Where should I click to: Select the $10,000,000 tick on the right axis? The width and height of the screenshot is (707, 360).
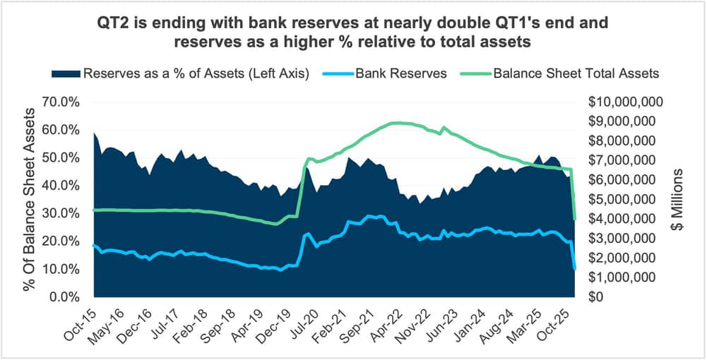(x=624, y=102)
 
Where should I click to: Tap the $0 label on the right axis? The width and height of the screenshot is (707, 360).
(x=595, y=297)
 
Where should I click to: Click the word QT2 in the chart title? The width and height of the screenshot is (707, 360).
(x=113, y=24)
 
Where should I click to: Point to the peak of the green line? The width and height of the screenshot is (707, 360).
(x=399, y=123)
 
